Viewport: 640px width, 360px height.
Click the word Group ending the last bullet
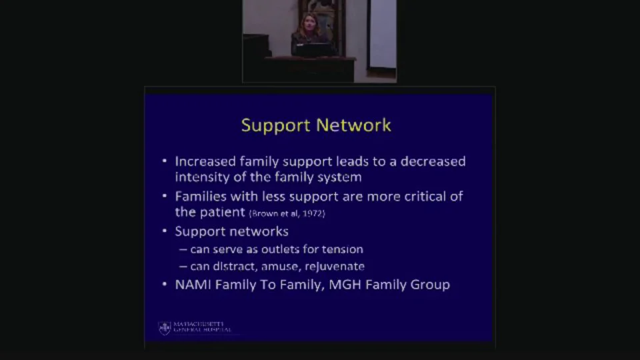click(x=430, y=285)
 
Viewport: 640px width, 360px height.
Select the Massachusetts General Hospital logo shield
click(x=164, y=327)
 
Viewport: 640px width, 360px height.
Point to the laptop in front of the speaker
click(x=313, y=49)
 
